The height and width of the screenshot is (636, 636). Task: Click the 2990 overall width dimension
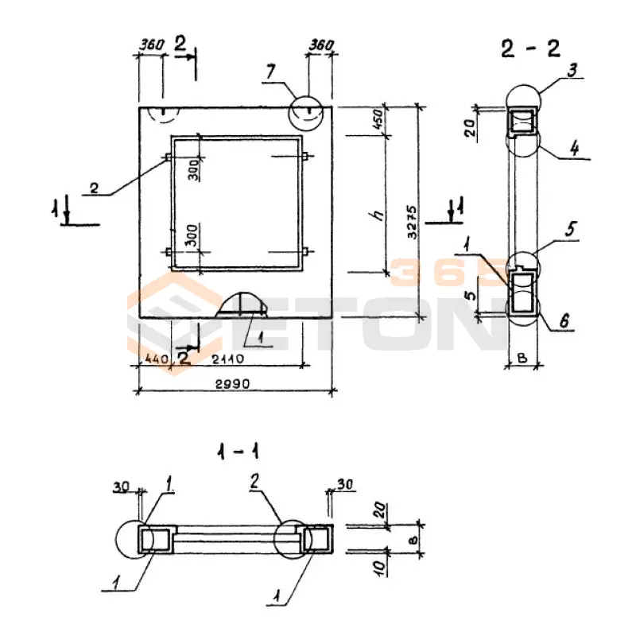click(232, 383)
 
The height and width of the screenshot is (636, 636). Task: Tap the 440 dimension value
click(153, 359)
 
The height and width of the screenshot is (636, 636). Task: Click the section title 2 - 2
click(530, 48)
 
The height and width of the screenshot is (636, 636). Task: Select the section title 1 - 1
click(236, 453)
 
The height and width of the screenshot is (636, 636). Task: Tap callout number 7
click(271, 72)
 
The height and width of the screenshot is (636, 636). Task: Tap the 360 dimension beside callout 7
click(320, 45)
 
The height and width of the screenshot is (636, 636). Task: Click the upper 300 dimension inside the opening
click(192, 169)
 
